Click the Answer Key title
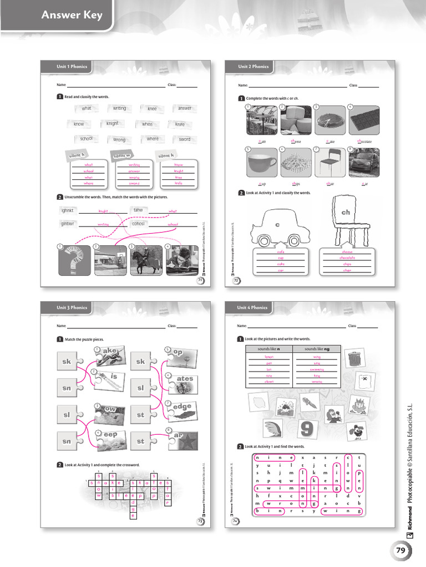coord(72,16)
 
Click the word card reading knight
coord(113,123)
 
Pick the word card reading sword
coord(184,140)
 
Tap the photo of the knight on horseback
coord(146,260)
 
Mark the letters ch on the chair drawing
coord(346,212)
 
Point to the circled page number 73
coord(200,521)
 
